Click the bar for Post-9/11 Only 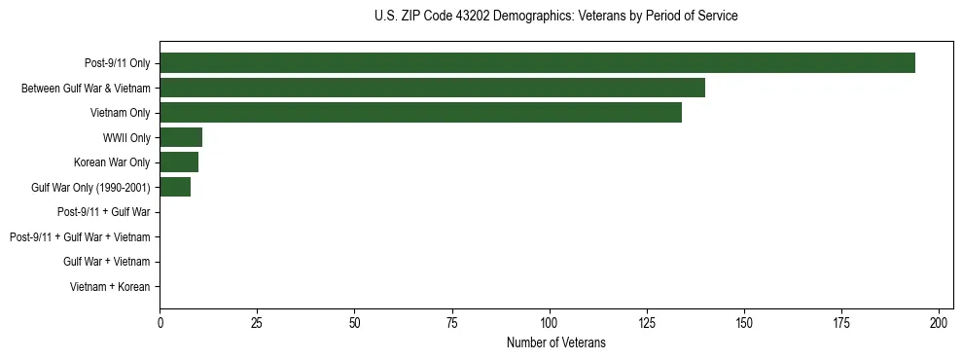pos(537,63)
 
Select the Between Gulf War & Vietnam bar pos(432,88)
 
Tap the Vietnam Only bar pos(420,113)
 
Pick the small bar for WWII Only pos(181,137)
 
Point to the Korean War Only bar pos(179,162)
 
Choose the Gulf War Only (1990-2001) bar pos(175,187)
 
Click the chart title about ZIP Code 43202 pos(555,17)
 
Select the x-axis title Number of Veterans pos(555,342)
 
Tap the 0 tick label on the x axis pos(160,321)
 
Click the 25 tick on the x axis pos(257,321)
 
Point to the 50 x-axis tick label pos(354,321)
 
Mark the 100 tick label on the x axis pos(550,321)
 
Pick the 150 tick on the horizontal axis pos(744,321)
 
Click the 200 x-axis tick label pos(939,321)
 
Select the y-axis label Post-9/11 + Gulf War pos(103,212)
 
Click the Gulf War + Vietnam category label pos(106,262)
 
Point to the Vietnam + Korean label pos(110,287)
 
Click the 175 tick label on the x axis pos(841,321)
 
